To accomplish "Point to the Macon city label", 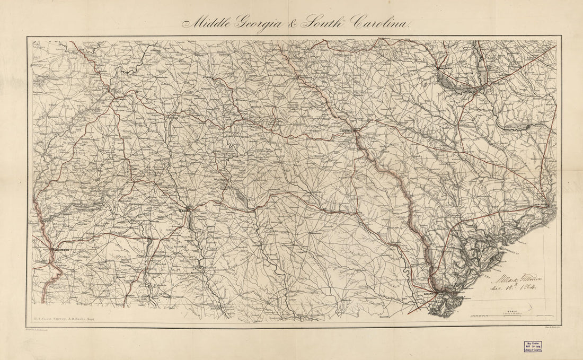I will click(184, 210).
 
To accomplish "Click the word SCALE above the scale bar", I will click(512, 313).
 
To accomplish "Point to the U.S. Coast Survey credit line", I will click(64, 320).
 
